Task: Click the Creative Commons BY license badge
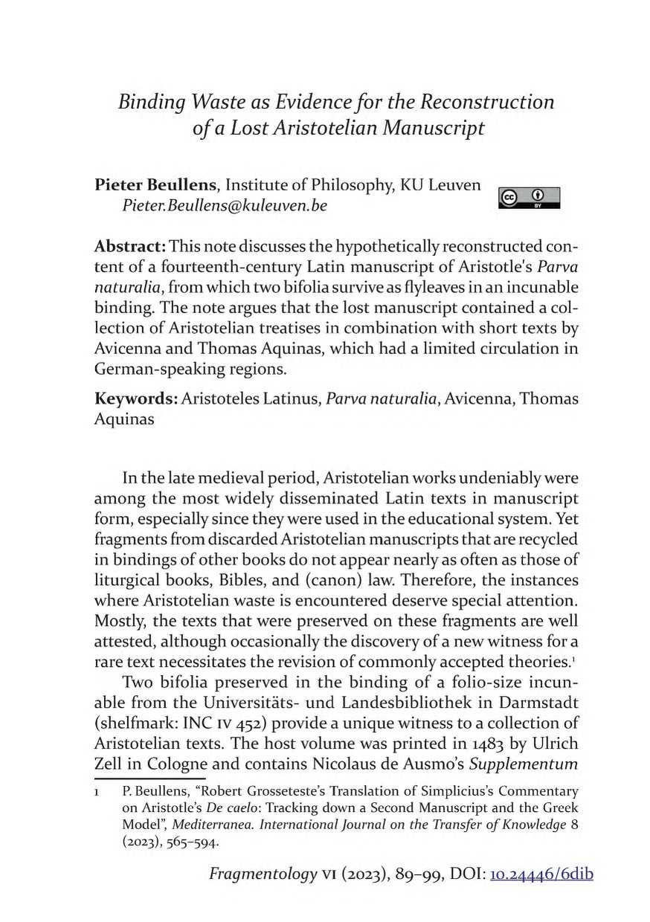click(530, 198)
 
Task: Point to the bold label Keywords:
click(135, 399)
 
